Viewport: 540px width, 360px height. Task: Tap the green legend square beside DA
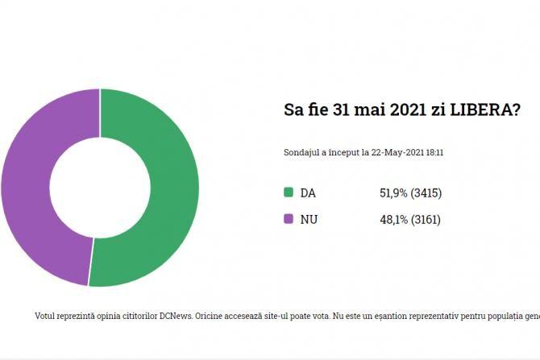click(289, 192)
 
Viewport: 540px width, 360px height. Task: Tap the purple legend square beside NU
click(289, 219)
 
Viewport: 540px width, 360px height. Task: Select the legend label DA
click(308, 193)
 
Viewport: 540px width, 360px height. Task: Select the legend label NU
click(309, 219)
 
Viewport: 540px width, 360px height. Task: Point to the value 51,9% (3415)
click(410, 193)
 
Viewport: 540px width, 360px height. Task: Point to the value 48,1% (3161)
click(410, 219)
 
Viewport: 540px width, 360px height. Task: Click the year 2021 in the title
click(408, 110)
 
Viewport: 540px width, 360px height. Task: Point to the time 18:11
click(435, 151)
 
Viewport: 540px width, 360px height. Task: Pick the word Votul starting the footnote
click(47, 316)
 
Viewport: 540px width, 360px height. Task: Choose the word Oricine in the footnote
click(213, 316)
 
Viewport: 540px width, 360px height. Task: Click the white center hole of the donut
click(99, 187)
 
